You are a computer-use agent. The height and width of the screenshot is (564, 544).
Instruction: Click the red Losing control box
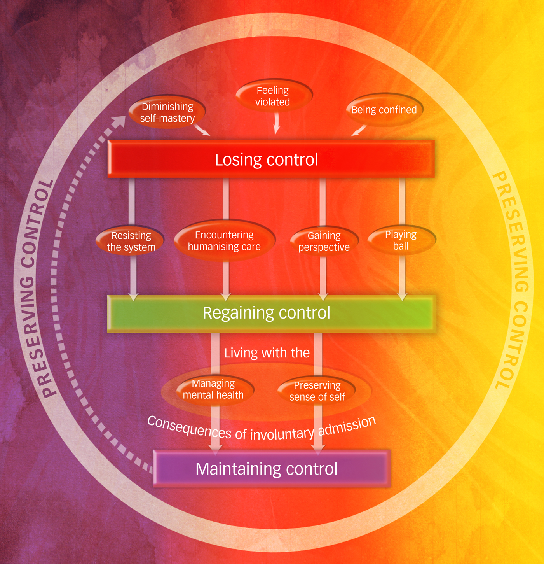[x=271, y=159]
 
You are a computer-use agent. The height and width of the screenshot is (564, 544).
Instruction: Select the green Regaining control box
[x=271, y=313]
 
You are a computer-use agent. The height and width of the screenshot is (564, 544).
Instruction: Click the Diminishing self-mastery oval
[x=167, y=112]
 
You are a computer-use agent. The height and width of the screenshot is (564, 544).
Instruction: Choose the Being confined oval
[x=384, y=110]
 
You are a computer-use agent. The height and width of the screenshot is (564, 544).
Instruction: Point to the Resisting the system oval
[x=131, y=241]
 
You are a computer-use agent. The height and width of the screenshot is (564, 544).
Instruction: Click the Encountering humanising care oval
[x=224, y=240]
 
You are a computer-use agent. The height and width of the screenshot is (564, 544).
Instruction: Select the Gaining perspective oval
[x=324, y=241]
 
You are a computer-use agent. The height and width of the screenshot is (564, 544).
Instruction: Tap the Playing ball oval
[x=401, y=240]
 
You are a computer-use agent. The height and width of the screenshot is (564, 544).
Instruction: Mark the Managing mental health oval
[x=214, y=389]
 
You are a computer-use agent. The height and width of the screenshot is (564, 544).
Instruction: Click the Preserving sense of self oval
[x=317, y=391]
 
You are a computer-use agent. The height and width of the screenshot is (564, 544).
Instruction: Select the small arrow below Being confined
[x=359, y=130]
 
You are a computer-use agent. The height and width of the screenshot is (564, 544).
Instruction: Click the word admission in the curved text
[x=347, y=425]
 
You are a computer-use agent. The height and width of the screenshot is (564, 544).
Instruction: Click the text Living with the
[x=267, y=353]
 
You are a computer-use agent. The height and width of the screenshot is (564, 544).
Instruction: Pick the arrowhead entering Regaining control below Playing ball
[x=403, y=298]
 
